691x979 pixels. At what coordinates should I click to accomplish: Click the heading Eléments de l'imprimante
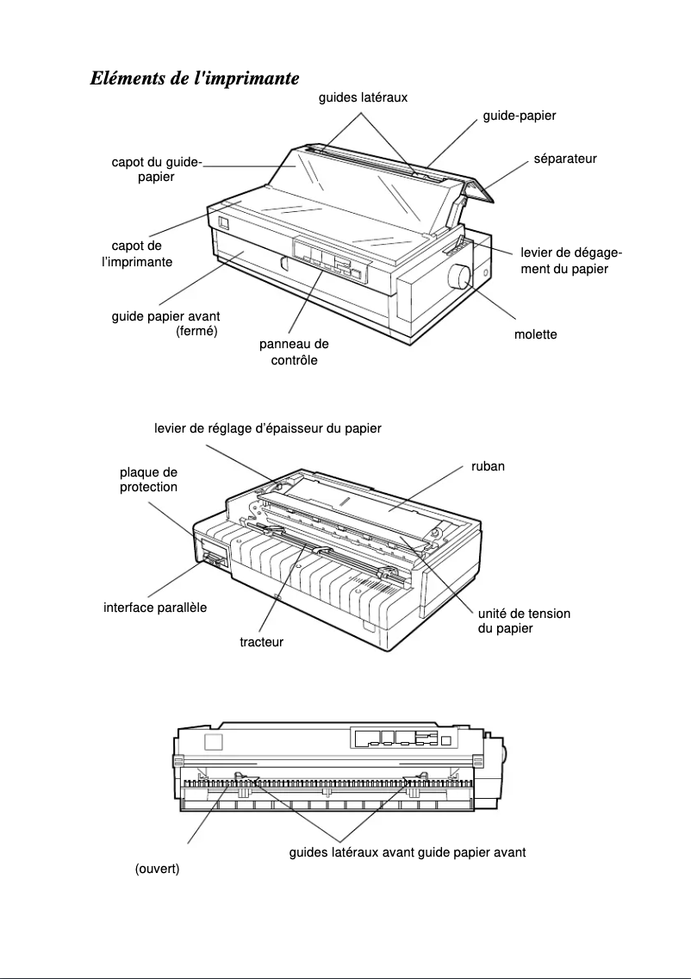pyautogui.click(x=195, y=78)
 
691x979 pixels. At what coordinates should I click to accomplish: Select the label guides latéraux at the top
pyautogui.click(x=363, y=98)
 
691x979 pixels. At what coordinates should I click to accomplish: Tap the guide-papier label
pyautogui.click(x=519, y=115)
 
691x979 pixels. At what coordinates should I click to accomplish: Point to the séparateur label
pyautogui.click(x=565, y=159)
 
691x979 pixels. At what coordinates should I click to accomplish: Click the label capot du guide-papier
pyautogui.click(x=156, y=169)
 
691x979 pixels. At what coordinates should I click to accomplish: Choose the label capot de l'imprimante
pyautogui.click(x=137, y=253)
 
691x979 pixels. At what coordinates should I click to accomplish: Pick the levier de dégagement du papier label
pyautogui.click(x=570, y=260)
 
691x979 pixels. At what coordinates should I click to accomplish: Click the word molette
pyautogui.click(x=535, y=334)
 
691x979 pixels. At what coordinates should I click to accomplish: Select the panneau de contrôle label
pyautogui.click(x=294, y=352)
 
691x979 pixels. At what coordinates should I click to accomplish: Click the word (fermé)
pyautogui.click(x=196, y=332)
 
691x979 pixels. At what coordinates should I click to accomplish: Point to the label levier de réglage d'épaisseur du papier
pyautogui.click(x=267, y=427)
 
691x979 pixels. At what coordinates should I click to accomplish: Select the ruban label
pyautogui.click(x=488, y=466)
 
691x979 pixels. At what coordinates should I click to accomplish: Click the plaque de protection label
pyautogui.click(x=148, y=479)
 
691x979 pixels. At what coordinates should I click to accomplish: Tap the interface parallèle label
pyautogui.click(x=155, y=608)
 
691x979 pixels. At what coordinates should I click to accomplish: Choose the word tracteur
pyautogui.click(x=261, y=641)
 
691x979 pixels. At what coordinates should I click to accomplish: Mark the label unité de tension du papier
pyautogui.click(x=524, y=620)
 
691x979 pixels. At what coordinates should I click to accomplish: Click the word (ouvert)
pyautogui.click(x=157, y=869)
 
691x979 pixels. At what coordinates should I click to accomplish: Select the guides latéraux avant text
pyautogui.click(x=351, y=852)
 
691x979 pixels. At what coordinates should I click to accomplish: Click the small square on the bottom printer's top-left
pyautogui.click(x=214, y=743)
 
